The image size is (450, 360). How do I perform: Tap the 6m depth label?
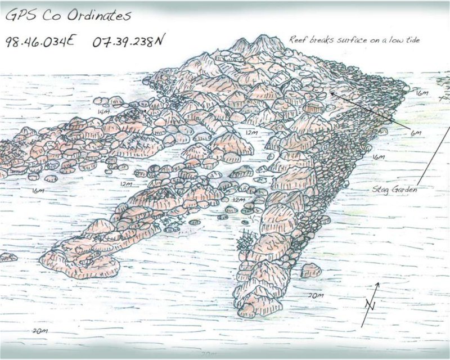416,133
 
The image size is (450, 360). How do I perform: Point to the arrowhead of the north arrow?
377,285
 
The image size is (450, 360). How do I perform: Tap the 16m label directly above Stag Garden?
377,156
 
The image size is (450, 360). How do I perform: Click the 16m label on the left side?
38,191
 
